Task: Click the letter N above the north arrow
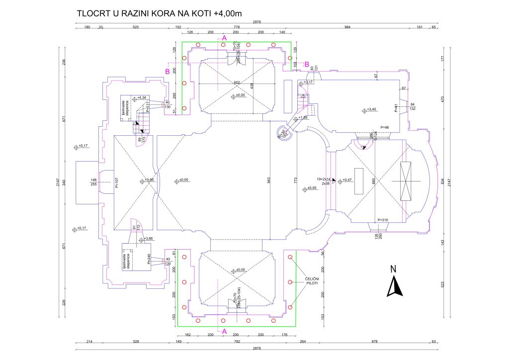(x=393, y=270)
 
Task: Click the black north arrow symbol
(x=394, y=287)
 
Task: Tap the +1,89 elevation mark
(x=302, y=118)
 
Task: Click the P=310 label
(x=383, y=220)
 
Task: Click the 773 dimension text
(x=295, y=180)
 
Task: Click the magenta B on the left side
(x=168, y=72)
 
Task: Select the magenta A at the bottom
(x=224, y=331)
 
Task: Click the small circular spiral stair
(x=283, y=133)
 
